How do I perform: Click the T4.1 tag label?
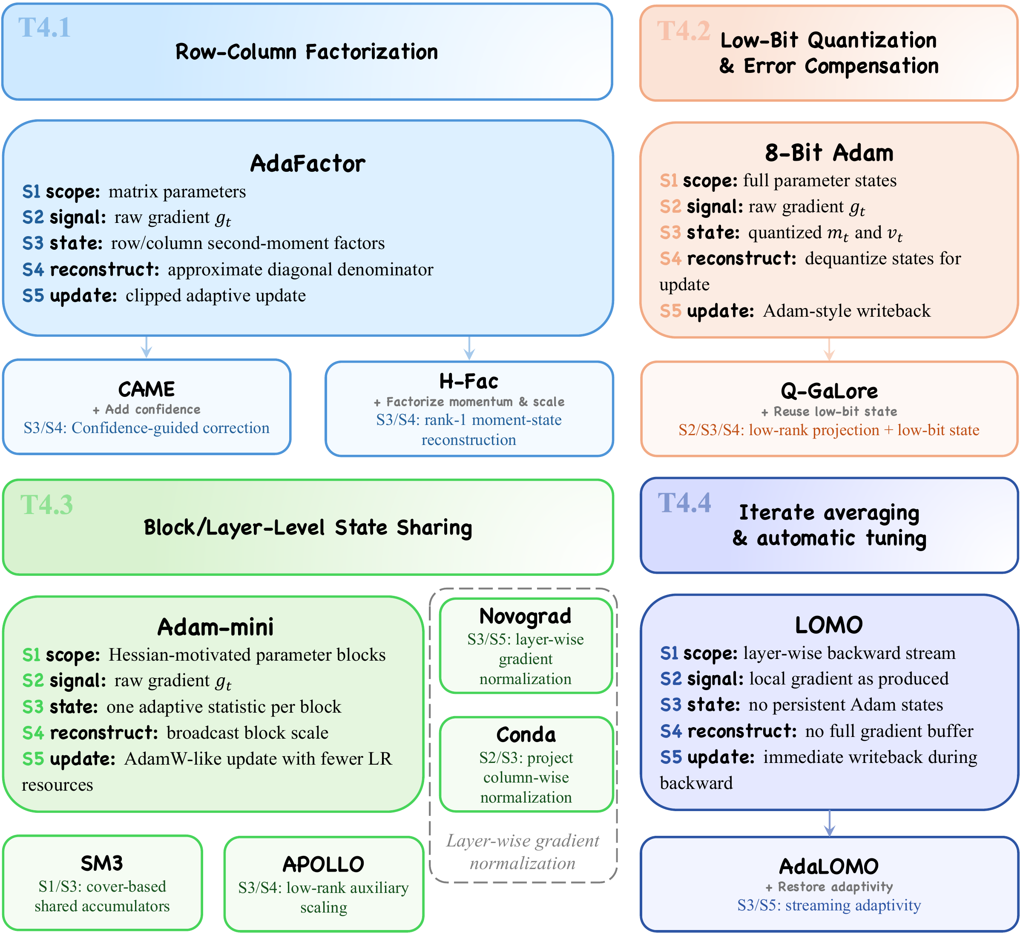pos(45,27)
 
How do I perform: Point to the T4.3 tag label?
pos(46,505)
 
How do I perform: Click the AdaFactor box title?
pos(307,164)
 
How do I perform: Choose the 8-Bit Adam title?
pos(829,153)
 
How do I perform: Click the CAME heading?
pos(147,389)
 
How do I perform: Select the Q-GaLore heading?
pos(829,391)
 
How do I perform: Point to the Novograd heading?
pos(526,616)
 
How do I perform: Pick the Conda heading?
pos(526,734)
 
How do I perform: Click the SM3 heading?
pos(102,863)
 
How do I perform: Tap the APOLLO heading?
pos(323,864)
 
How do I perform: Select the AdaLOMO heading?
pos(829,866)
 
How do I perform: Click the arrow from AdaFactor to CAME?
pos(147,347)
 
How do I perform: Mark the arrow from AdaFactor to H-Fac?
pos(469,348)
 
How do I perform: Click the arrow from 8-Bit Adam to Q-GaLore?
pos(829,349)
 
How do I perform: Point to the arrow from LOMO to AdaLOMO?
pos(829,823)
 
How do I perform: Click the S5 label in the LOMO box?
pos(671,757)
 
